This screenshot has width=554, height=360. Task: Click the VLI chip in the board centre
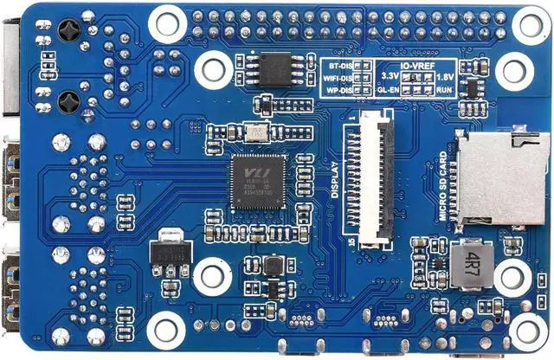(x=259, y=181)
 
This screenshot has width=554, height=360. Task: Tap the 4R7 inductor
(x=471, y=263)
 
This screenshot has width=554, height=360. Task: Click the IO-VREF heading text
(x=417, y=64)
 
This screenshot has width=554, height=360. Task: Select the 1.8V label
(x=444, y=77)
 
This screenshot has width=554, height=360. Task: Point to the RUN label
(x=444, y=90)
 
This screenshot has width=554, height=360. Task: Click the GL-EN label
(x=389, y=90)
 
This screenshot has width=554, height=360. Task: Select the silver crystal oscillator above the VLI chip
(x=255, y=132)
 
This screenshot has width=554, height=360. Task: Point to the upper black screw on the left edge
(x=68, y=32)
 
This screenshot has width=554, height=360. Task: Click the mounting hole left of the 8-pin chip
(x=212, y=68)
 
